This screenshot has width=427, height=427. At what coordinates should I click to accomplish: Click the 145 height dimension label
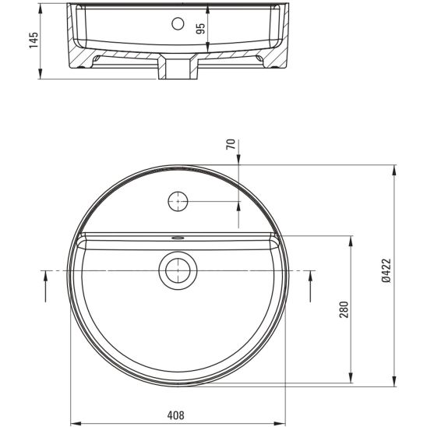[x=34, y=41]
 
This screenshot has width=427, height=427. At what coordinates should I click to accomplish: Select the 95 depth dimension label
[x=200, y=29]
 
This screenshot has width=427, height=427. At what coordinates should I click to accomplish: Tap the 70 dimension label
[x=231, y=144]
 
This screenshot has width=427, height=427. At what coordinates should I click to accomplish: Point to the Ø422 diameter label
[x=386, y=270]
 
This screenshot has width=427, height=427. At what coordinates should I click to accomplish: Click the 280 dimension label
[x=344, y=309]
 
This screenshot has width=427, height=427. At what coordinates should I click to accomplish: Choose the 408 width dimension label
[x=175, y=415]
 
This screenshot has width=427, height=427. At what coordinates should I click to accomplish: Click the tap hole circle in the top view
[x=178, y=201]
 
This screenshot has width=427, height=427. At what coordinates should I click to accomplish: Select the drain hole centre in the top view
[x=178, y=270]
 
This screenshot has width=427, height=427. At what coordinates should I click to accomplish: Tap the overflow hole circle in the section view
[x=178, y=23]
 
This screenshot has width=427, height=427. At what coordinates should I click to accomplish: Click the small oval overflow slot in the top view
[x=178, y=238]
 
